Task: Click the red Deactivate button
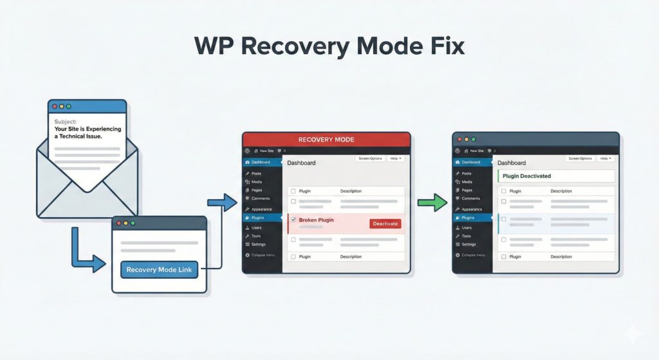coord(385,223)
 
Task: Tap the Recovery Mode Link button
coord(160,270)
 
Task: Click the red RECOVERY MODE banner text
coord(326,139)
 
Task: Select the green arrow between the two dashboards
coord(431,203)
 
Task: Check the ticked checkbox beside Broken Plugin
coord(293,220)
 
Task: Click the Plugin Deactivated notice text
coord(527,176)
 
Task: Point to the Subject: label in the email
coord(66,121)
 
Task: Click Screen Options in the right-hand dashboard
coord(580,158)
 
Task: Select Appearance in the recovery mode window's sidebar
coord(261,209)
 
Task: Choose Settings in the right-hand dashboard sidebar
coord(469,245)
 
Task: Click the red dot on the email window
coord(55,106)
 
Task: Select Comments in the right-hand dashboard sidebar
coord(471,199)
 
